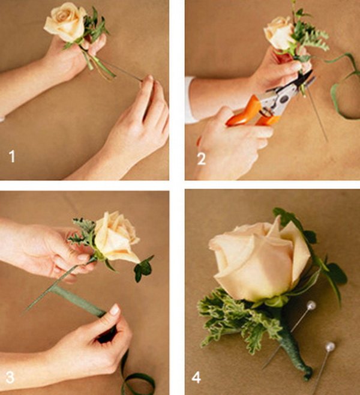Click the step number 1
pyautogui.click(x=12, y=156)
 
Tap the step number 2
pyautogui.click(x=202, y=159)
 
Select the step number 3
pyautogui.click(x=10, y=377)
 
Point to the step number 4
pyautogui.click(x=196, y=378)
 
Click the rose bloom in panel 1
pyautogui.click(x=65, y=22)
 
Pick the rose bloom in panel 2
pyautogui.click(x=278, y=33)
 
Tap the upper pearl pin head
pyautogui.click(x=311, y=306)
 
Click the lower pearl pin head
pyautogui.click(x=329, y=347)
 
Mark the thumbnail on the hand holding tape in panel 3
pyautogui.click(x=115, y=310)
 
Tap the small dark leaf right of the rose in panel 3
pyautogui.click(x=143, y=269)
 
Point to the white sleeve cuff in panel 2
pyautogui.click(x=190, y=101)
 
